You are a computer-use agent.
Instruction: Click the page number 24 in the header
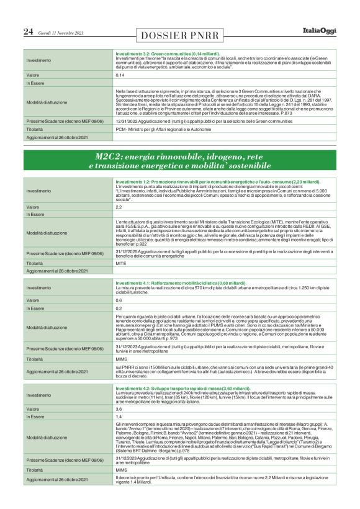[29, 32]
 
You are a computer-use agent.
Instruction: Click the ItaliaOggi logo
[319, 30]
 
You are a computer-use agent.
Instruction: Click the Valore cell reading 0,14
[120, 74]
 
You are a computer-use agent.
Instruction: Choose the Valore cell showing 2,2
[119, 206]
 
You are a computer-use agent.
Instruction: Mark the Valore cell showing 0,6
[119, 300]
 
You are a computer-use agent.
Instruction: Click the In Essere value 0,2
[119, 308]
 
